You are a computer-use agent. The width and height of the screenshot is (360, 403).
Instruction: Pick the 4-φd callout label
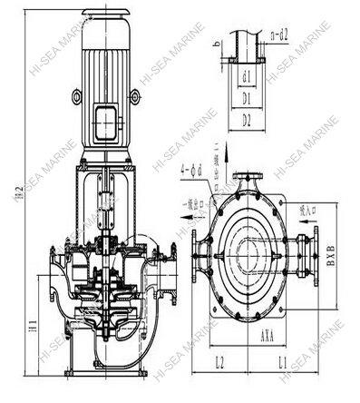coord(192,167)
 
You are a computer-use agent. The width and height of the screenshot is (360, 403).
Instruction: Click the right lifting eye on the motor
coord(136,95)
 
